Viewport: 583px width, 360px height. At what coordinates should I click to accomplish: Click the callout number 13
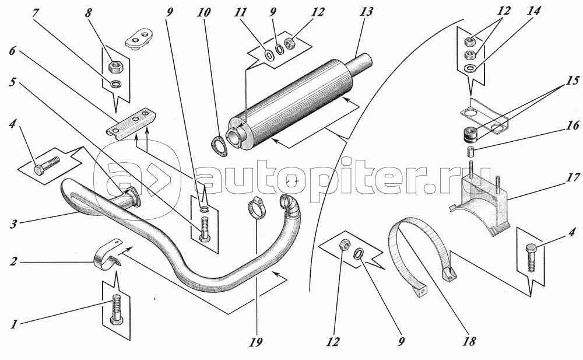click(x=366, y=12)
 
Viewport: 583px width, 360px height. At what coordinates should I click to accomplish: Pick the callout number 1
click(x=14, y=324)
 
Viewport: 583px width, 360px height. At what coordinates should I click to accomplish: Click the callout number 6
click(x=12, y=51)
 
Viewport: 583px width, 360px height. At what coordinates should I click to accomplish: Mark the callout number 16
click(x=573, y=125)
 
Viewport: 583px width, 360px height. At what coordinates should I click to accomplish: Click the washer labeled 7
click(x=115, y=83)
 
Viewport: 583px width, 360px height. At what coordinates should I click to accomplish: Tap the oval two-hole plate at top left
click(x=139, y=39)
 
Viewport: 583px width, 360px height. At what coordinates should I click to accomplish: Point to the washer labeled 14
click(x=470, y=68)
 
